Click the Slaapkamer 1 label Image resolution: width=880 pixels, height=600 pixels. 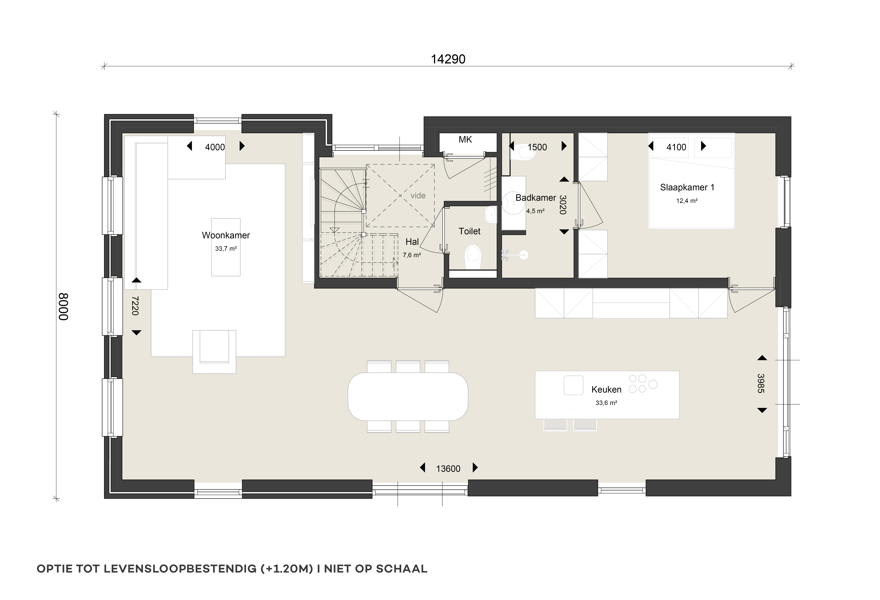687,187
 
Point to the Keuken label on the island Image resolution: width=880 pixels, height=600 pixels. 606,390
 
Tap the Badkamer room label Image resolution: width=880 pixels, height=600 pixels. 535,198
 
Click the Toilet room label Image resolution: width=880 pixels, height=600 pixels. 470,231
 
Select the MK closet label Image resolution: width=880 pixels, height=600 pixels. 465,140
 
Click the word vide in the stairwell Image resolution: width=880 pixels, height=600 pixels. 418,196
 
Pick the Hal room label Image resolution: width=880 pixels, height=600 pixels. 412,242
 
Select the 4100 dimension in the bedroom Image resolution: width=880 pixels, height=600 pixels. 676,147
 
